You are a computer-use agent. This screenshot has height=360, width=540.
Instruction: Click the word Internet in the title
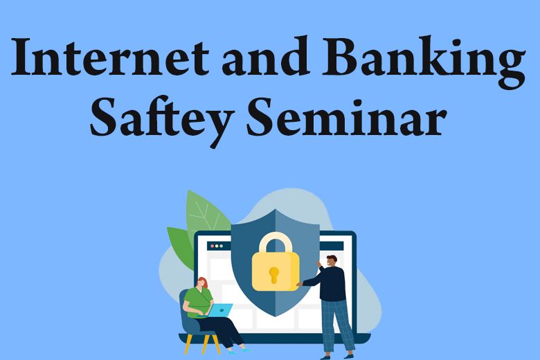[110, 57]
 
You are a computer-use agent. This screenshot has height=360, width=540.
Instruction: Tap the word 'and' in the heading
[264, 56]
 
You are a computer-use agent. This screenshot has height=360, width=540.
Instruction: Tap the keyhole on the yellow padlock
[273, 274]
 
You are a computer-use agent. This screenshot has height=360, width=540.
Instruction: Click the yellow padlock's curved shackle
[276, 242]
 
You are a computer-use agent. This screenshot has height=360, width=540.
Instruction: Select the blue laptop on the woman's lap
[219, 309]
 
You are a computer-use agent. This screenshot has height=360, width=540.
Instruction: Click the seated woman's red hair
[202, 282]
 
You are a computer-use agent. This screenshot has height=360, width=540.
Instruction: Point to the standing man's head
[332, 260]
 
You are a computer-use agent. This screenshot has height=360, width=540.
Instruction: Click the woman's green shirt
[198, 301]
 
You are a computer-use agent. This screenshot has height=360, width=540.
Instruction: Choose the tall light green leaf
[206, 214]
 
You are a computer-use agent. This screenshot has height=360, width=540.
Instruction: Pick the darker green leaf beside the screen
[181, 246]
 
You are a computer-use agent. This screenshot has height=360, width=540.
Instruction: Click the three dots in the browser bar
[217, 246]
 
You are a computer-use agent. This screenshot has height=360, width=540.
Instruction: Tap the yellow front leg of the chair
[189, 343]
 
